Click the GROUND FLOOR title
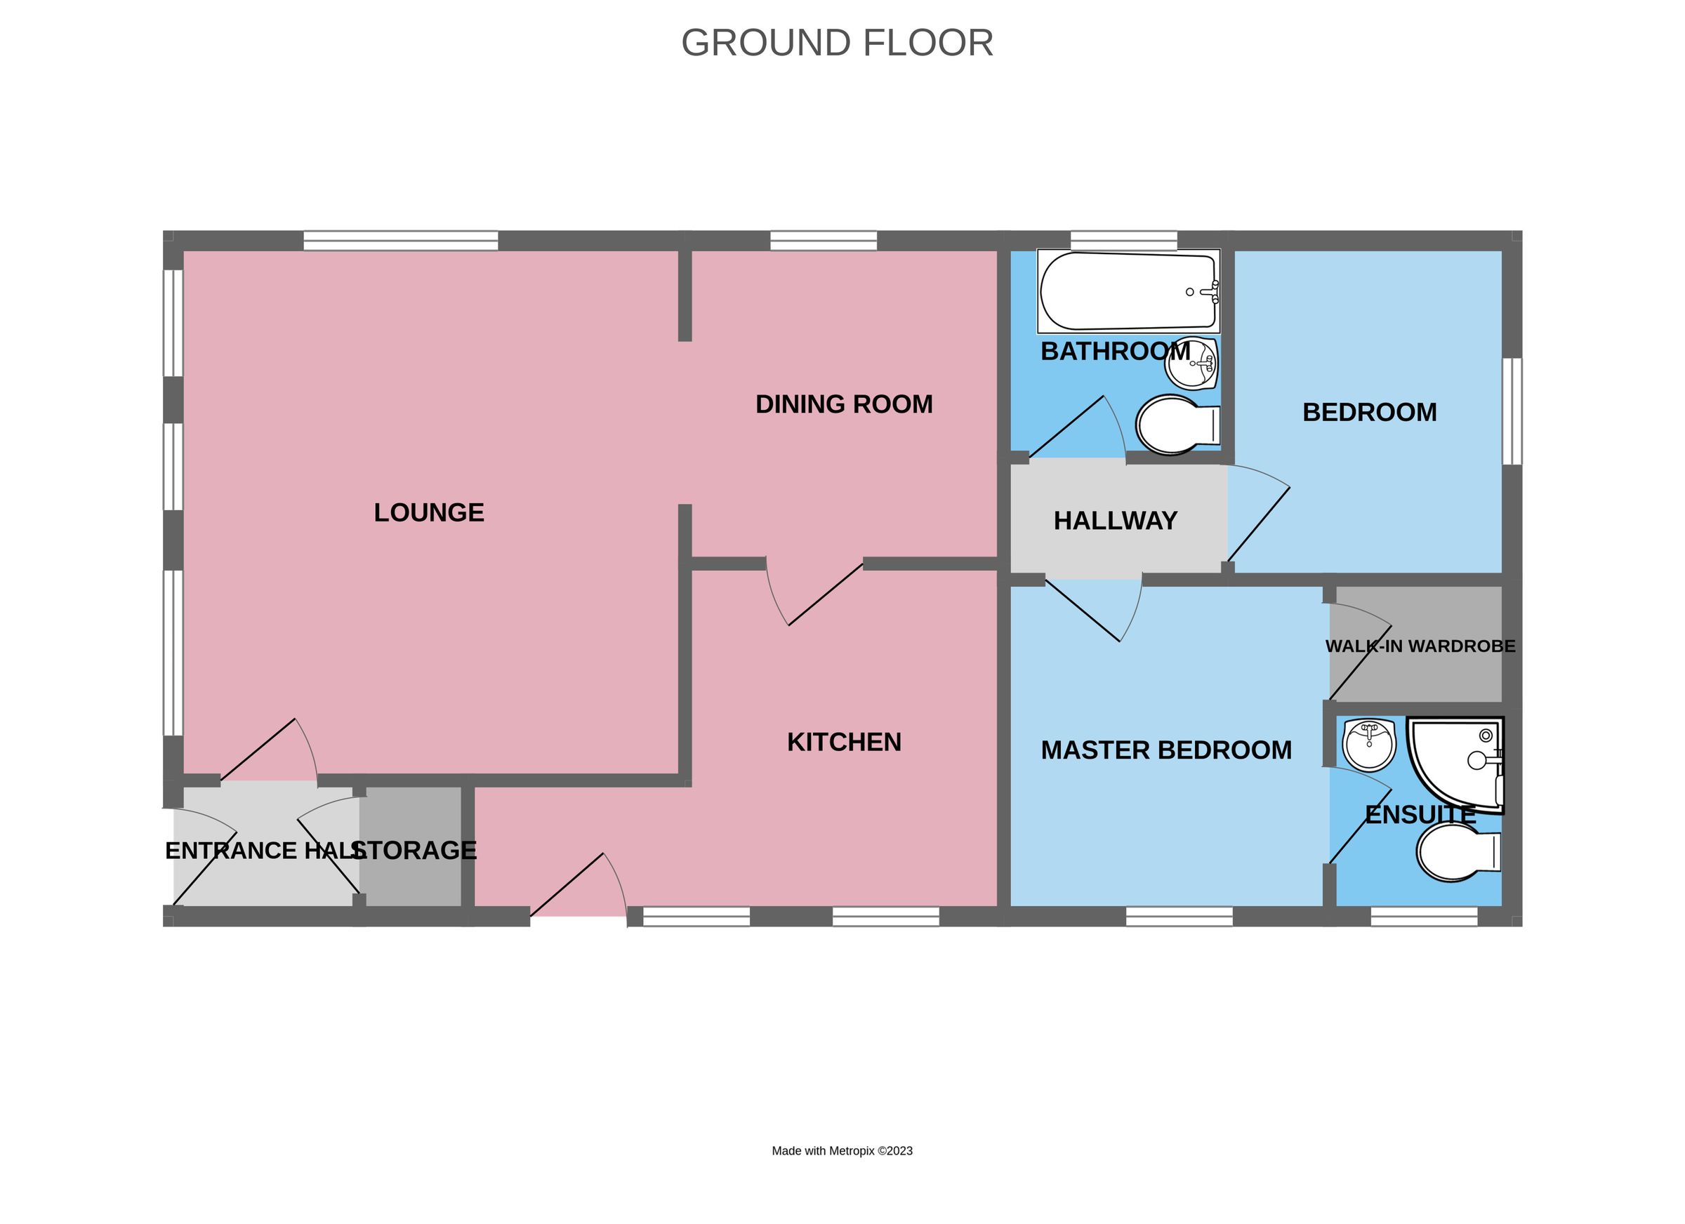point(838,43)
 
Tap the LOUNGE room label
point(429,512)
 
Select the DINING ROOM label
point(844,404)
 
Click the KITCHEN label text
point(844,742)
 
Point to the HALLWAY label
point(1115,521)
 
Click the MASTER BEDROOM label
point(1166,750)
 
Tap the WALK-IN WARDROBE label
point(1420,646)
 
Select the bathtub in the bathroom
point(1128,292)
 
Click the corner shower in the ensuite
point(1455,764)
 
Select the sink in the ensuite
point(1369,745)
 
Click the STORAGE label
point(414,851)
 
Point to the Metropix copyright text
point(842,1150)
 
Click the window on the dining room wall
point(823,241)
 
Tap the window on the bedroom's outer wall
point(1512,411)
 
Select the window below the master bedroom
point(1179,917)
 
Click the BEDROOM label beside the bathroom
point(1369,412)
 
